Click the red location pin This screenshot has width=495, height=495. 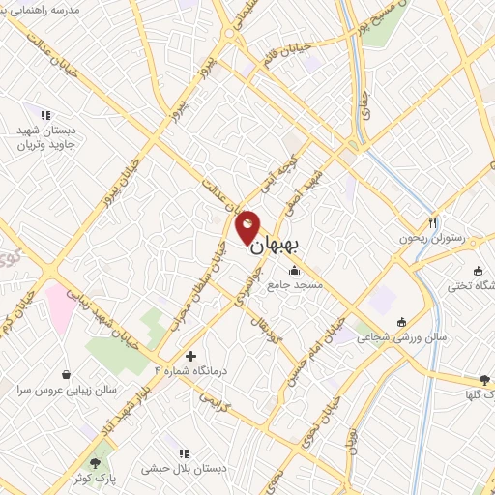(x=247, y=225)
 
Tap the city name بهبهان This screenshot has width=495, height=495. (x=277, y=247)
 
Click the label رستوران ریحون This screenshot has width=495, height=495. (x=432, y=237)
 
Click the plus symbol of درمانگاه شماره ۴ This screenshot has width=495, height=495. (x=190, y=356)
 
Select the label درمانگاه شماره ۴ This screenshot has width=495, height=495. (x=189, y=370)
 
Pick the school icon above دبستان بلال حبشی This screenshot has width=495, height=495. (x=183, y=452)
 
